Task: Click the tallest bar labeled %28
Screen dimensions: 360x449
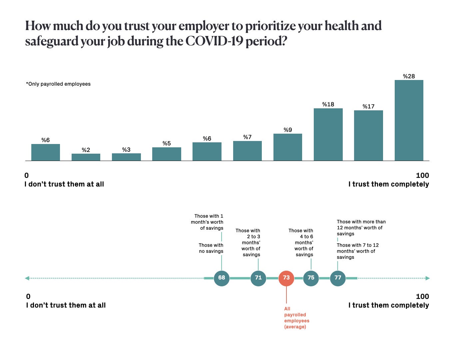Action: [409, 120]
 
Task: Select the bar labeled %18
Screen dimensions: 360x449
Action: [328, 135]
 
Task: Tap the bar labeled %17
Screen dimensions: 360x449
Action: [368, 136]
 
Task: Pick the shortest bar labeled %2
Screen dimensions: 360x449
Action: [86, 157]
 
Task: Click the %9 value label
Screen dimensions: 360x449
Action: [288, 130]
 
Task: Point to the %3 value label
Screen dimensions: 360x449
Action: [126, 150]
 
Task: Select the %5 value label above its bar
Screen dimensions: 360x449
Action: [167, 143]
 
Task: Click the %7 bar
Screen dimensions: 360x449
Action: [247, 151]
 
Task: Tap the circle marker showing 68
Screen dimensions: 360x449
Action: [222, 278]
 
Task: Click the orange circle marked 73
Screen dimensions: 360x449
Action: [286, 278]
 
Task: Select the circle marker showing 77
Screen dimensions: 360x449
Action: [338, 278]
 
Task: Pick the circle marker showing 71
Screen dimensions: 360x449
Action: [258, 278]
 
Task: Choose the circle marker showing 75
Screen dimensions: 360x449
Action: [311, 278]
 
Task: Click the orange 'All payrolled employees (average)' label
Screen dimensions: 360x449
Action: [296, 318]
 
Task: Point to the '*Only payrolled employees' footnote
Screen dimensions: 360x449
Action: [58, 84]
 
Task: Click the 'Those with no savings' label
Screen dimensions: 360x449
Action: [211, 248]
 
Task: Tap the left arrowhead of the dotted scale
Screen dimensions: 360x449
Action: [27, 278]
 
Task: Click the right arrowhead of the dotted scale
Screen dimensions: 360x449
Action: [428, 278]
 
